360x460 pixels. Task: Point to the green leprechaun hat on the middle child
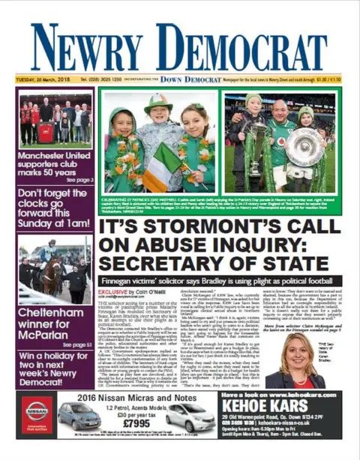[158, 102]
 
